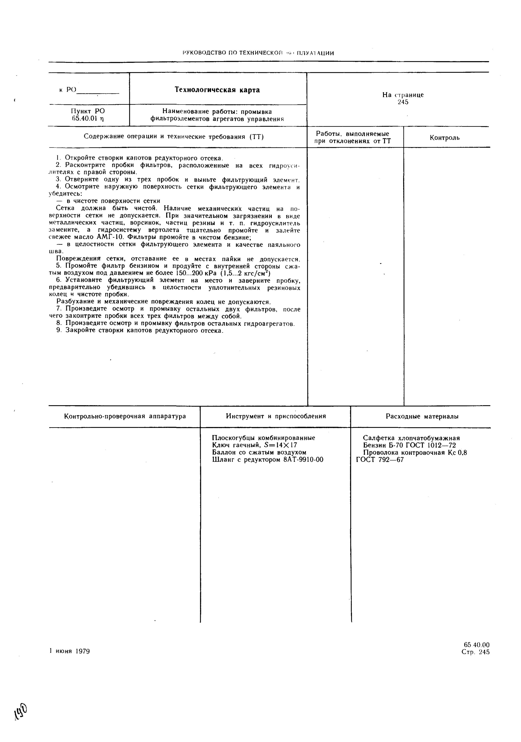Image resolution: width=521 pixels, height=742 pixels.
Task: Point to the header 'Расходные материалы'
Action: (x=422, y=417)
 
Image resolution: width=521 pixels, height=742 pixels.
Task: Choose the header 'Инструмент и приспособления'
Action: (x=276, y=416)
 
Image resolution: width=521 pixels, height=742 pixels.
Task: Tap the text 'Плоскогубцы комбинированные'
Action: (x=263, y=438)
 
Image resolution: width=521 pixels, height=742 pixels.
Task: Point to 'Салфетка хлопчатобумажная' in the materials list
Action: (x=411, y=438)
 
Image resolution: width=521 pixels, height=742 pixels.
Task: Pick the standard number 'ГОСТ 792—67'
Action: (x=380, y=460)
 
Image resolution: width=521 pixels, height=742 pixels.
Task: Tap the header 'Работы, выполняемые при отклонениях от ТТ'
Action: (x=353, y=137)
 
